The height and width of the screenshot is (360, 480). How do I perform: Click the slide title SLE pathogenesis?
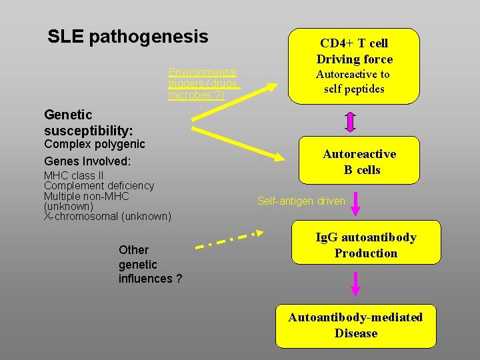tap(128, 37)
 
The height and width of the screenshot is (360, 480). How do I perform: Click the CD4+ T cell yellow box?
tap(354, 66)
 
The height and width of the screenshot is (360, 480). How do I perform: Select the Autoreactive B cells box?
tap(359, 161)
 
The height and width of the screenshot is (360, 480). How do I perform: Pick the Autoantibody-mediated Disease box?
tap(355, 325)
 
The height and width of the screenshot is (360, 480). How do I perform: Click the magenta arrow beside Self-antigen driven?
tap(355, 203)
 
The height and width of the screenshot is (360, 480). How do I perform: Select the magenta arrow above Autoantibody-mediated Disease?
tap(355, 283)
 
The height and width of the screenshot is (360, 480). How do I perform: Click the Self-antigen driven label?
tap(301, 201)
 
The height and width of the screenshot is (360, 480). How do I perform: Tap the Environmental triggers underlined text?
tap(203, 83)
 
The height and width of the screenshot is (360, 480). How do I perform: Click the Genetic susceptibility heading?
tap(89, 122)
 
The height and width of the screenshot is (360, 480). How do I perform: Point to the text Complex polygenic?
tap(94, 144)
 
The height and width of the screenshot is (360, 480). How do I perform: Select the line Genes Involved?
tap(87, 161)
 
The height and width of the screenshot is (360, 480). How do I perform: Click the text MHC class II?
tap(74, 175)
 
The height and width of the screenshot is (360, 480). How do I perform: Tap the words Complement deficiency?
tap(99, 185)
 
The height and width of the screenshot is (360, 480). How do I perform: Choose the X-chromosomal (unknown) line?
tap(107, 216)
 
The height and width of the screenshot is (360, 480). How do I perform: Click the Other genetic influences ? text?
tap(150, 264)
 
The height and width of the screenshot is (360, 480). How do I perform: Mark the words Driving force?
tap(354, 59)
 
